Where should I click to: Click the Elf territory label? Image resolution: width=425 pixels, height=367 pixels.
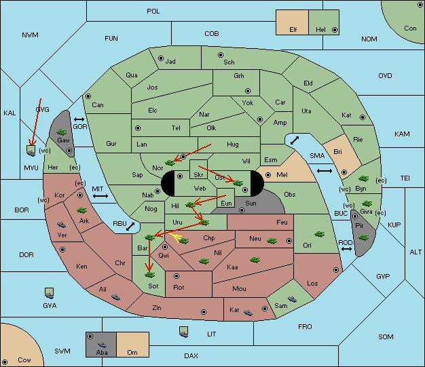point(293,30)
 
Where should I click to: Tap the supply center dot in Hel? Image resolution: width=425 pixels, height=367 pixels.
point(335,30)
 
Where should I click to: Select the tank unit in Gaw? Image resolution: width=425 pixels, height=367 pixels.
point(62,132)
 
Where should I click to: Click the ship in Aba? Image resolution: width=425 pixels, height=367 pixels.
point(103,345)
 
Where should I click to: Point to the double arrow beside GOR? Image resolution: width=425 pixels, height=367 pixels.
point(79,119)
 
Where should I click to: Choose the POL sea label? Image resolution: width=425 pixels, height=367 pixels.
point(153,12)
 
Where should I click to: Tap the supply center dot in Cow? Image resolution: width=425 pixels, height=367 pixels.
point(5,362)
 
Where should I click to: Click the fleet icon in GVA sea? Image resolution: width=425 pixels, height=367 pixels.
point(49,293)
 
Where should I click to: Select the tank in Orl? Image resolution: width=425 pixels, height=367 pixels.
point(319,234)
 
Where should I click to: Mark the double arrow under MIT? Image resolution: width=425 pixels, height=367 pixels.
point(100,196)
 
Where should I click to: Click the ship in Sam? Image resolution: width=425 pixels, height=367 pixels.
point(292,299)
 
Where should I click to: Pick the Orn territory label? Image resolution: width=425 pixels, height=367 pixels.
point(132,352)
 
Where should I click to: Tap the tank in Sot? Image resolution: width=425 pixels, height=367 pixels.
point(149,275)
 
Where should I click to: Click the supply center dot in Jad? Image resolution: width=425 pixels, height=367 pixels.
point(161,58)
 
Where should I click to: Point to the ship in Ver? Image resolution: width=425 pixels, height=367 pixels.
point(62,225)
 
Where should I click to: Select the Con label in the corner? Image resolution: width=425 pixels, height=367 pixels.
point(410,28)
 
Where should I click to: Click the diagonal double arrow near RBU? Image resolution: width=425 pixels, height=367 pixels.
point(130,227)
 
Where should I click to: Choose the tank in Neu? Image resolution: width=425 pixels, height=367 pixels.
point(272,241)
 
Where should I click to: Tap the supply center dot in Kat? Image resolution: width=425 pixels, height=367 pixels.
point(363,117)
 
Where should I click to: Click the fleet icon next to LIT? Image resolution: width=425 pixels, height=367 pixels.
point(184,332)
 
